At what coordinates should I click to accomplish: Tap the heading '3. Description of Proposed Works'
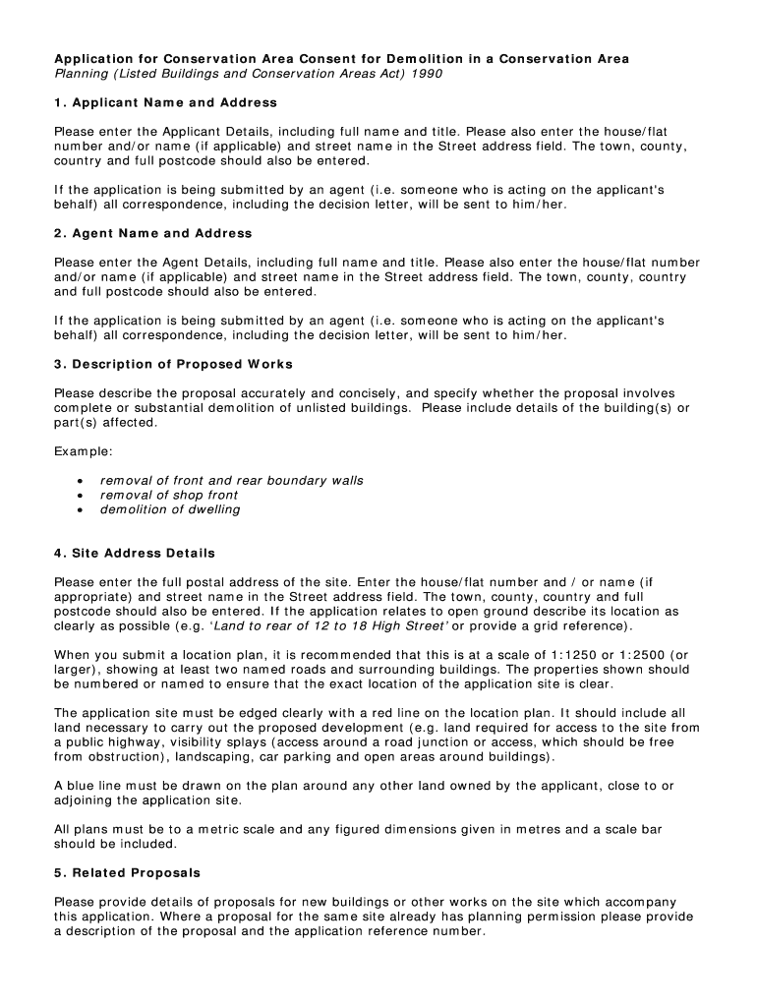point(173,364)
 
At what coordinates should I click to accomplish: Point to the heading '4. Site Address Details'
point(134,553)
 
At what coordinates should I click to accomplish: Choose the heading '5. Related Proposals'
point(127,872)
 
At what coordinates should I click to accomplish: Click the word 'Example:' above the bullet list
point(84,451)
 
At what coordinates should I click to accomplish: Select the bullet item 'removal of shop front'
point(169,495)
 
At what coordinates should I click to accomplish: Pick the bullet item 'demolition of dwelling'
point(170,509)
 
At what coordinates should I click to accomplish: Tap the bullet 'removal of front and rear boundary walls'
point(231,480)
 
